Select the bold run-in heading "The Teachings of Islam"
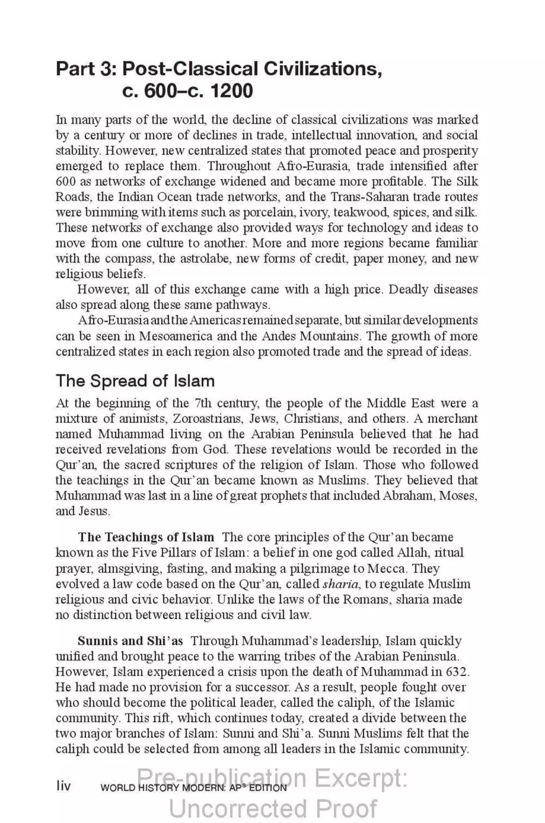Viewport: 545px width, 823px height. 146,536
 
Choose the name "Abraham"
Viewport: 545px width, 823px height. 414,496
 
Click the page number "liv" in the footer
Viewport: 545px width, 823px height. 64,786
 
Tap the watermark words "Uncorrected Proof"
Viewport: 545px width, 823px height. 272,808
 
